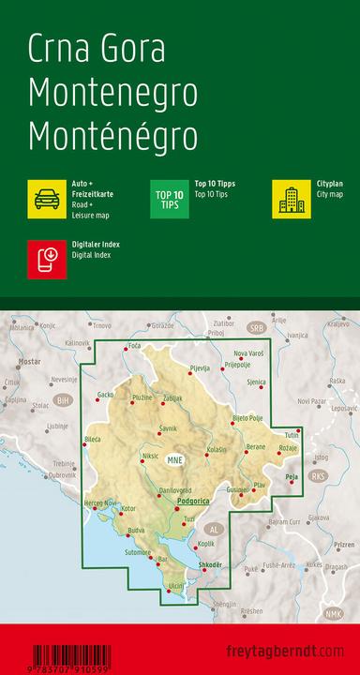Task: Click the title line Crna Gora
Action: [x=97, y=49]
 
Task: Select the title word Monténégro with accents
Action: [x=112, y=136]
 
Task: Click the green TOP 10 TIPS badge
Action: [x=170, y=199]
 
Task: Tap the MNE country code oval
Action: [x=174, y=459]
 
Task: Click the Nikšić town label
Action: [x=150, y=457]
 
